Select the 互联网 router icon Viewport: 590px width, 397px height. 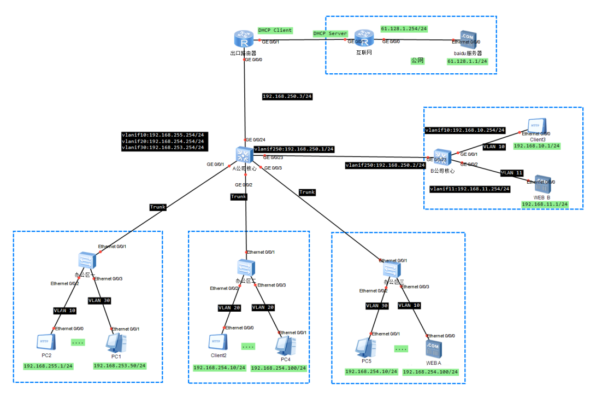point(360,40)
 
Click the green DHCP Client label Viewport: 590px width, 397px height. point(275,30)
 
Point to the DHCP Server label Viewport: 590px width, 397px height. point(330,33)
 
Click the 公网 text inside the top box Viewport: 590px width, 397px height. point(417,61)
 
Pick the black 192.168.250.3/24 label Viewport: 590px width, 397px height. point(286,96)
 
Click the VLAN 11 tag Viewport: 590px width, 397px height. point(511,173)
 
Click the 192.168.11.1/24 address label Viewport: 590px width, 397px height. point(545,204)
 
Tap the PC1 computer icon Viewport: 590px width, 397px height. point(116,342)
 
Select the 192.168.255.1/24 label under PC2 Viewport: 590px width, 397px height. point(48,366)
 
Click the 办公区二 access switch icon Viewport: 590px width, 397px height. point(243,268)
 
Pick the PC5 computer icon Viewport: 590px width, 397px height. point(365,346)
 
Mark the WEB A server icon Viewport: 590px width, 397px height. point(433,348)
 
